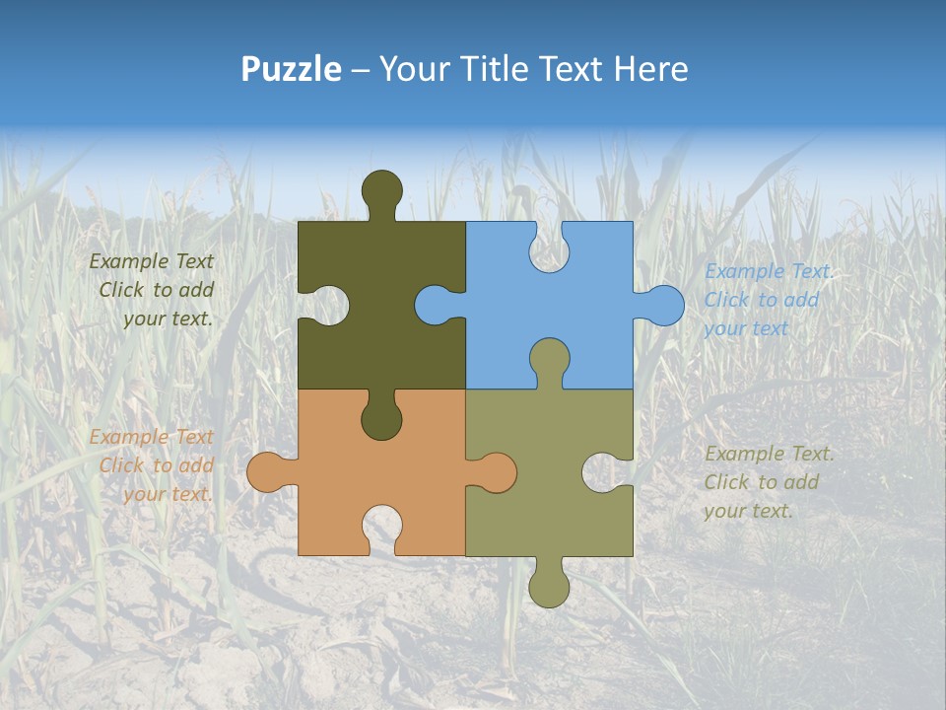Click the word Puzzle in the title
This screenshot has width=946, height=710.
(x=291, y=69)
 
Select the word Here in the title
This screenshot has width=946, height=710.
(x=649, y=69)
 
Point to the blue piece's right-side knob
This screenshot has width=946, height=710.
(x=662, y=305)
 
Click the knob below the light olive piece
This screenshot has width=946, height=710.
(x=550, y=586)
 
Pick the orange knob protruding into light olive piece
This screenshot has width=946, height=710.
(x=495, y=472)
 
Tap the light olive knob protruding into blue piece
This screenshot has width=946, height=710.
(x=550, y=359)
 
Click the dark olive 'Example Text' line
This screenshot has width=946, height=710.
(x=151, y=261)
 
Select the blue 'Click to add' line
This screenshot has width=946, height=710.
(x=762, y=300)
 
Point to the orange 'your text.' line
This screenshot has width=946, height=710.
(x=167, y=494)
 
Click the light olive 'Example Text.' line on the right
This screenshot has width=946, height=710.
(x=770, y=454)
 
